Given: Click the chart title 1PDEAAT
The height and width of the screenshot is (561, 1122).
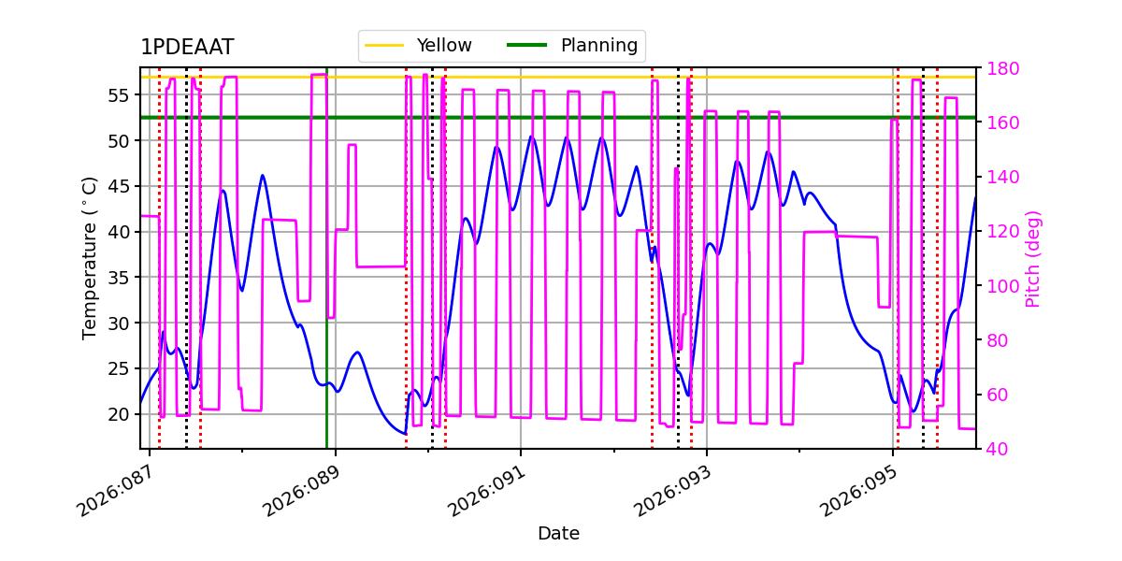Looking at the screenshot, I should point(187,48).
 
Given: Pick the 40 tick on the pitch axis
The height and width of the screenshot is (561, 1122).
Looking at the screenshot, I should point(996,449).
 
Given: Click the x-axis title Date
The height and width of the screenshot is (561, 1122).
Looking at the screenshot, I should point(558,534).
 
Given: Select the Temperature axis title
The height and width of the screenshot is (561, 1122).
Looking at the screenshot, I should point(90,257).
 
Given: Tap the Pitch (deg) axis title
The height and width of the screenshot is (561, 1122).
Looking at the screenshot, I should point(1033,258).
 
